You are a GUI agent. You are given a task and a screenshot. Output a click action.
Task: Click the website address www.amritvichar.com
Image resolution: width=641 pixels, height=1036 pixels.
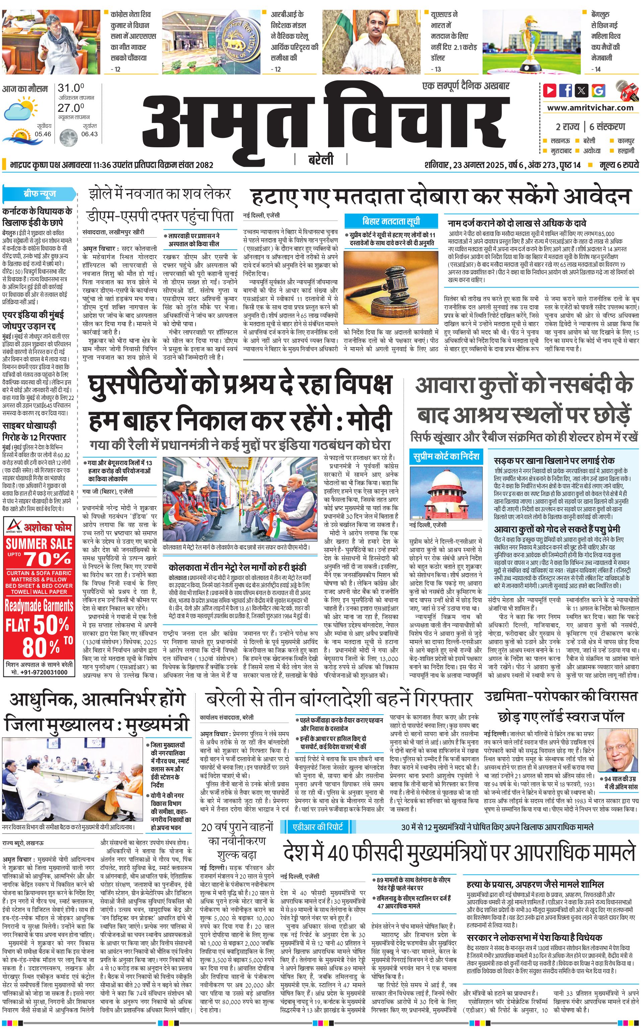(x=590, y=108)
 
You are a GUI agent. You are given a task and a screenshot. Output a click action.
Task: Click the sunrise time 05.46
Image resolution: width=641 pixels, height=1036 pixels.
(x=43, y=134)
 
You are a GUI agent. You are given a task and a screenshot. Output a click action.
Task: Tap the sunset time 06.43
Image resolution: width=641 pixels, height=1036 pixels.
(x=89, y=134)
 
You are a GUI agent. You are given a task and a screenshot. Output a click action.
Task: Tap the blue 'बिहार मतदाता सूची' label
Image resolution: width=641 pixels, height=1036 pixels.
(x=391, y=221)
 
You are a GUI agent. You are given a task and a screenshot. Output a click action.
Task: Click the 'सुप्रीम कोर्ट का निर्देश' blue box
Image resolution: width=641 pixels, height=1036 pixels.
(x=446, y=456)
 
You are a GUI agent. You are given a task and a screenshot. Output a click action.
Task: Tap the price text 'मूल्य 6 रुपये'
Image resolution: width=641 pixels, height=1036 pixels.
(x=619, y=165)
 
